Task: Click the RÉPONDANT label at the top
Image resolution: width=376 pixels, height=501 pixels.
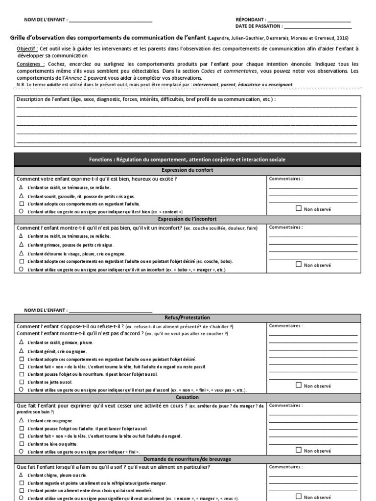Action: point(251,20)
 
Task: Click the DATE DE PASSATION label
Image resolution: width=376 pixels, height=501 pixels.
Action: point(258,26)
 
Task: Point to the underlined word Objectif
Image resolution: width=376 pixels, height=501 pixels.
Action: point(27,49)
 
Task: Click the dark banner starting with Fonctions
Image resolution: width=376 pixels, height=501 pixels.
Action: point(188,159)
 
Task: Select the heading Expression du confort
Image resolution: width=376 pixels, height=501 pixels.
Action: point(188,170)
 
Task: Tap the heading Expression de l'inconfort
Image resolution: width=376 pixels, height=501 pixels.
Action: point(188,219)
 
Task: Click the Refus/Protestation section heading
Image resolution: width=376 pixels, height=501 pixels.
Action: point(188,318)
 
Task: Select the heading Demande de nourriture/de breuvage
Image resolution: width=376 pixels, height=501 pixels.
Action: point(188,459)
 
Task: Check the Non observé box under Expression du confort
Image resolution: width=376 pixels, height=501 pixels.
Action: point(299,208)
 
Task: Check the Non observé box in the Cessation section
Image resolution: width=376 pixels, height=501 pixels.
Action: point(299,450)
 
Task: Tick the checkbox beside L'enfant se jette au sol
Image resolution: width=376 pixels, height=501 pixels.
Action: point(21,381)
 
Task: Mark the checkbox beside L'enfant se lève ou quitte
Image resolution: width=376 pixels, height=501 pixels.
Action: point(21,443)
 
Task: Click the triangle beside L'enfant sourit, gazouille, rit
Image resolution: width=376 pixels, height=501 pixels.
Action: point(21,196)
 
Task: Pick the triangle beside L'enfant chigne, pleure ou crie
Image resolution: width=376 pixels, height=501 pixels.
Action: point(21,475)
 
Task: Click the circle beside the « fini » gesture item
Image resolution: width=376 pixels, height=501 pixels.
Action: point(21,451)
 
